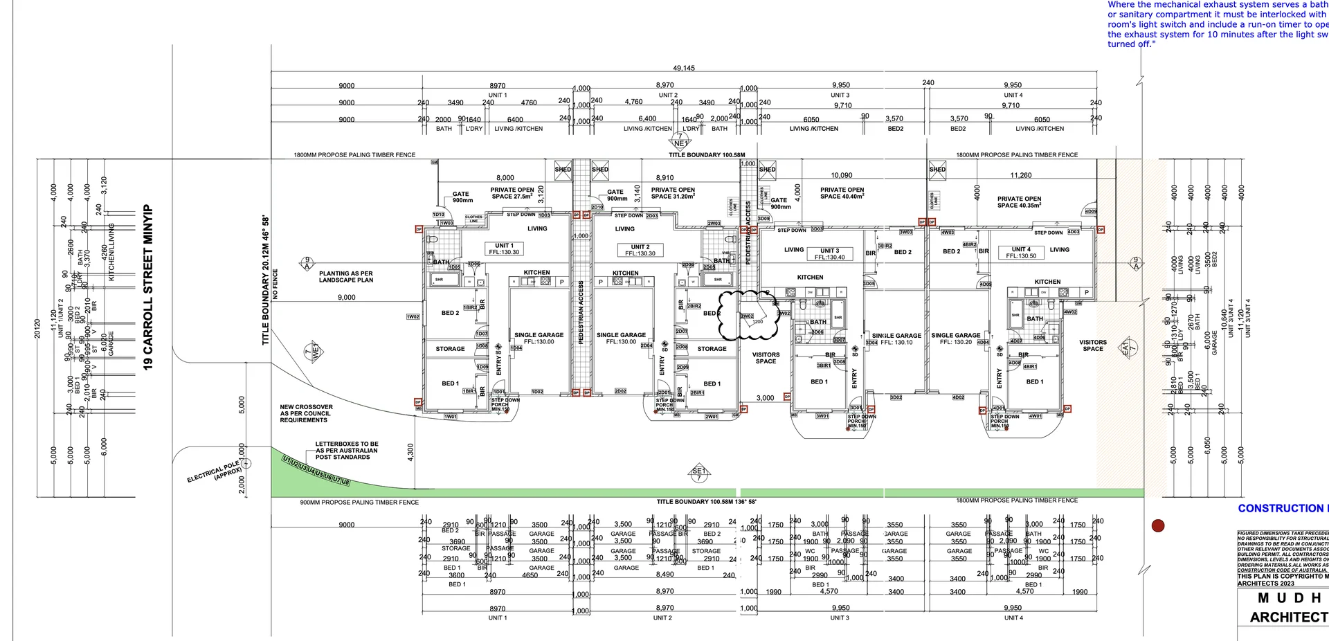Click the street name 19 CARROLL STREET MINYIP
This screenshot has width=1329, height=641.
(148, 287)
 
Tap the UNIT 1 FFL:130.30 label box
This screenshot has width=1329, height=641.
(504, 249)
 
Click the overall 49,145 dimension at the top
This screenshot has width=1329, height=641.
(684, 68)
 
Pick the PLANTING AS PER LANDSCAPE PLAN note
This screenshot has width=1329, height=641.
(346, 277)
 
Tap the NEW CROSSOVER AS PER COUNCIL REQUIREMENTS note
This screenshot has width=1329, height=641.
(306, 413)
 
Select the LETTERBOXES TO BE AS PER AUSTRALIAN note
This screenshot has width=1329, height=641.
(346, 451)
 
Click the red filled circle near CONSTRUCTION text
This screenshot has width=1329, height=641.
(1158, 526)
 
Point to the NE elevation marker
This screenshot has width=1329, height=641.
(680, 141)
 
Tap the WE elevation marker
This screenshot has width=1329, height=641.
(314, 351)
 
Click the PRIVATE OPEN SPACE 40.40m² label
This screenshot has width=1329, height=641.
(842, 193)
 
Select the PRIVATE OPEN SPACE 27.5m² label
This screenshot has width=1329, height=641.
(512, 193)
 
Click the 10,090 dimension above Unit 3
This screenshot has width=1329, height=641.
(842, 176)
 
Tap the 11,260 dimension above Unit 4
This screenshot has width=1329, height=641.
(1021, 176)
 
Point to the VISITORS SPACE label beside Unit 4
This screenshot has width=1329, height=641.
(1093, 345)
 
